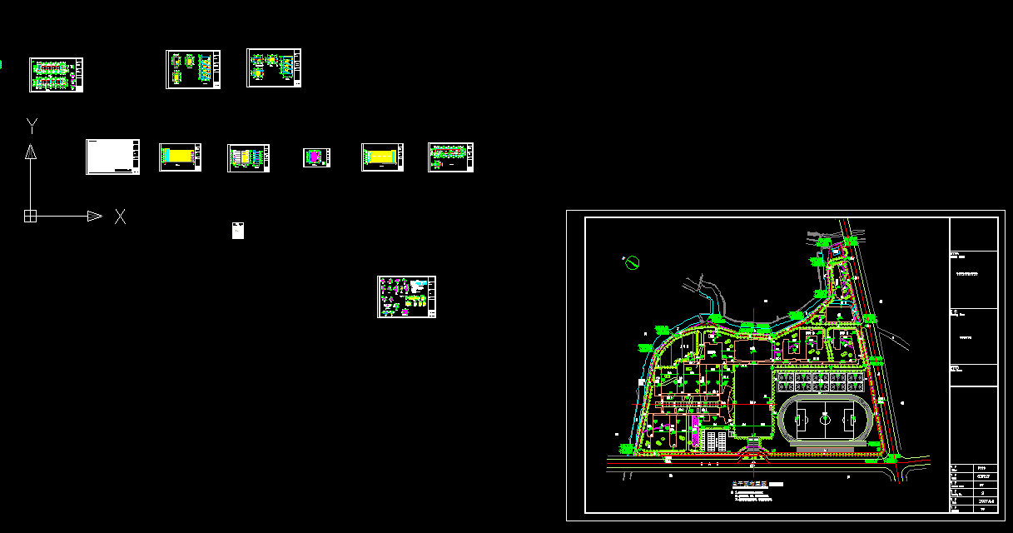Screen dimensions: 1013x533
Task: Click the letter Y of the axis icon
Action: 32,126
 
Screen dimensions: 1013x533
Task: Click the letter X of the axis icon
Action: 121,217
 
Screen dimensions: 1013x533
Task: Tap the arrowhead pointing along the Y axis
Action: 31,151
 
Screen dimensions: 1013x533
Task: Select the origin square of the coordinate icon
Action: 30,217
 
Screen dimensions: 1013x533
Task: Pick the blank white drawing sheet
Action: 112,157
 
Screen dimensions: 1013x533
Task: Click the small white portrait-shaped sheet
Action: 237,231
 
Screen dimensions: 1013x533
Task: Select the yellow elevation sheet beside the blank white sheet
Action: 181,157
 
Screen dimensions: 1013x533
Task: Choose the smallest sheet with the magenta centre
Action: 317,157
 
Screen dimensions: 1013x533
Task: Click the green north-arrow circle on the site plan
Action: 632,263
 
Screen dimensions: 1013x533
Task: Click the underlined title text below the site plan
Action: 749,483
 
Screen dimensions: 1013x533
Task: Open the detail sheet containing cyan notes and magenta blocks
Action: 406,296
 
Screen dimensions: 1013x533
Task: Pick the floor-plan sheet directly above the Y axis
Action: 56,74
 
